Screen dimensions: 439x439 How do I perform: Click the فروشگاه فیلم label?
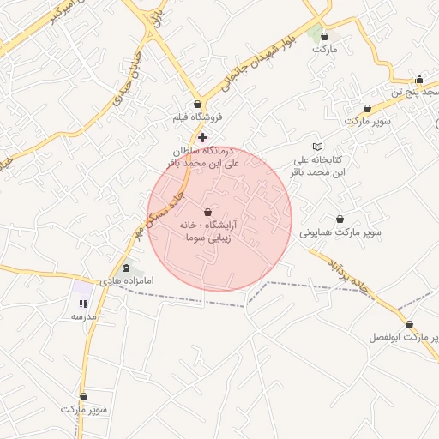(x=197, y=116)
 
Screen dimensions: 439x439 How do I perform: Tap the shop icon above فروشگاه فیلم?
(x=198, y=104)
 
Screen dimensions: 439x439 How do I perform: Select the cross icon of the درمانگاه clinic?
(x=202, y=137)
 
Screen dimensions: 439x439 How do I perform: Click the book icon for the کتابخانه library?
(x=318, y=147)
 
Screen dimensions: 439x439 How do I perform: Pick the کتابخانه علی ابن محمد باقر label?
(x=319, y=165)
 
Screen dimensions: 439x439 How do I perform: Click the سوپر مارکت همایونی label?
(x=340, y=232)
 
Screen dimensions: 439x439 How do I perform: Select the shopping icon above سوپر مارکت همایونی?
(x=340, y=219)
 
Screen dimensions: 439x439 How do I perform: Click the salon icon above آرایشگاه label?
(x=208, y=212)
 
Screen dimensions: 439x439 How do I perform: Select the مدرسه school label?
(x=83, y=316)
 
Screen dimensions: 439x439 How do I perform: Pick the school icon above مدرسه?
(x=83, y=304)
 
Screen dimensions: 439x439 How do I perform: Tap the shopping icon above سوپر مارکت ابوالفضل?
(x=409, y=325)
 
